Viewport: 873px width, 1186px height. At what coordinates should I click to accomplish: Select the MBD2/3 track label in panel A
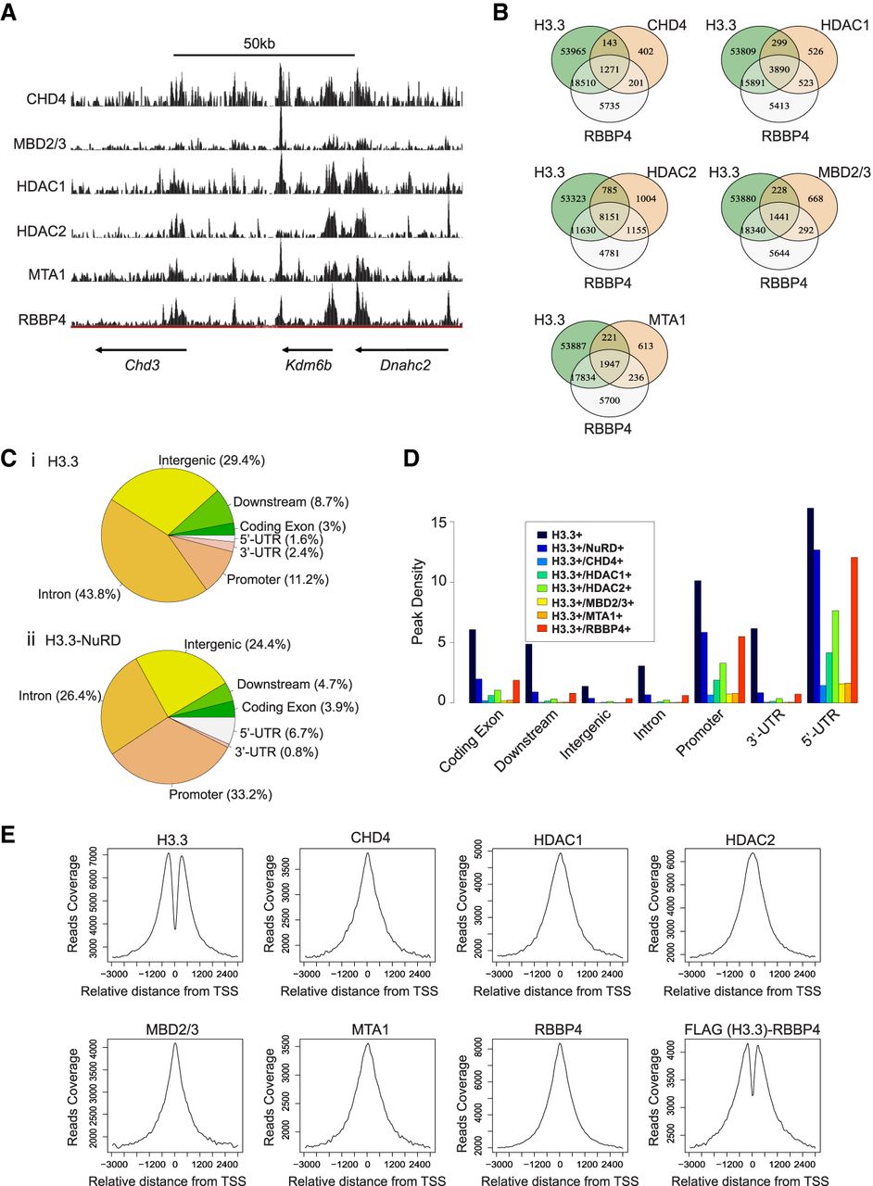[x=39, y=144]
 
